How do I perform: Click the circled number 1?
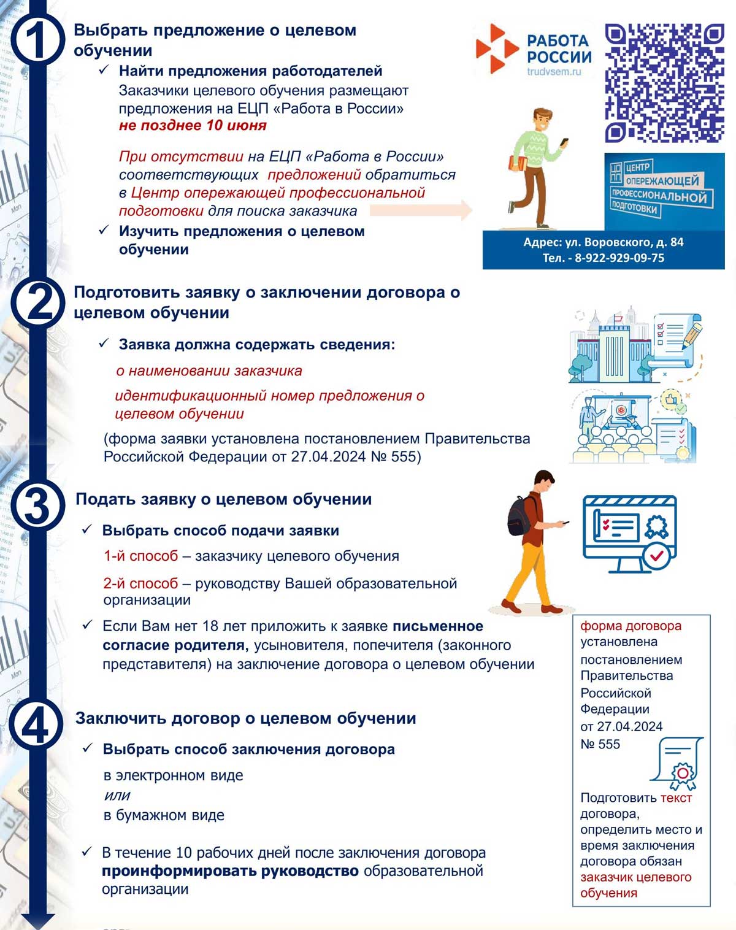(x=37, y=39)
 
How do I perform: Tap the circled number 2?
(x=37, y=302)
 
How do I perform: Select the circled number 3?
(x=37, y=507)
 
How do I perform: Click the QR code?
(x=664, y=83)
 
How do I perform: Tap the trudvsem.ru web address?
(x=553, y=72)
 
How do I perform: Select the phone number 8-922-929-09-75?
(x=619, y=258)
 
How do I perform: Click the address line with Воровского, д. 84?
(x=603, y=242)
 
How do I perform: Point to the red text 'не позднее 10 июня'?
(x=193, y=126)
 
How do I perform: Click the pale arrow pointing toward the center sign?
(x=421, y=210)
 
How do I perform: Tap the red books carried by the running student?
(x=518, y=164)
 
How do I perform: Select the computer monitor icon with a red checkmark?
(x=631, y=534)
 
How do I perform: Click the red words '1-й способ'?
(x=140, y=556)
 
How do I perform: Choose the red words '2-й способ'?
(x=140, y=583)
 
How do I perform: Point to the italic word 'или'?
(x=117, y=796)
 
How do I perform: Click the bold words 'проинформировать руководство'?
(x=230, y=871)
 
